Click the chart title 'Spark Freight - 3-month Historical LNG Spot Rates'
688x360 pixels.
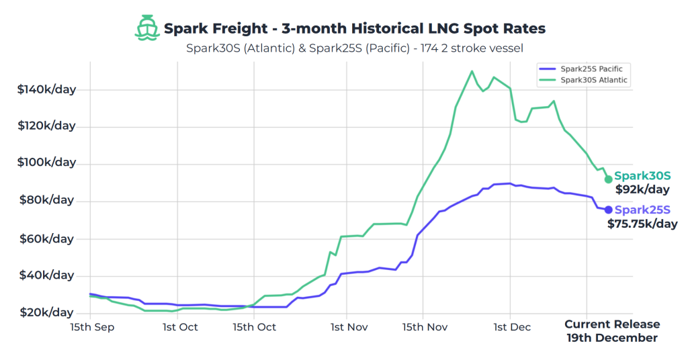click(x=355, y=28)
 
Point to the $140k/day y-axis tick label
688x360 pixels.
click(x=46, y=89)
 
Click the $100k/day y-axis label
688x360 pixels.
click(x=46, y=163)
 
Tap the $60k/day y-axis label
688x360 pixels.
click(x=46, y=238)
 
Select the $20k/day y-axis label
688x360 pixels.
click(x=46, y=312)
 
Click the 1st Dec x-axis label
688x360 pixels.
click(x=512, y=327)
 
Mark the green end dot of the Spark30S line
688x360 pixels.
click(x=609, y=179)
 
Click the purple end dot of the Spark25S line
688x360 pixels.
click(x=609, y=210)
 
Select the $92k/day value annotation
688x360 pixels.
click(x=642, y=189)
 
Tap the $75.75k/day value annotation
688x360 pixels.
click(x=642, y=224)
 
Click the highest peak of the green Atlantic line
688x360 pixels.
click(x=472, y=71)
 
